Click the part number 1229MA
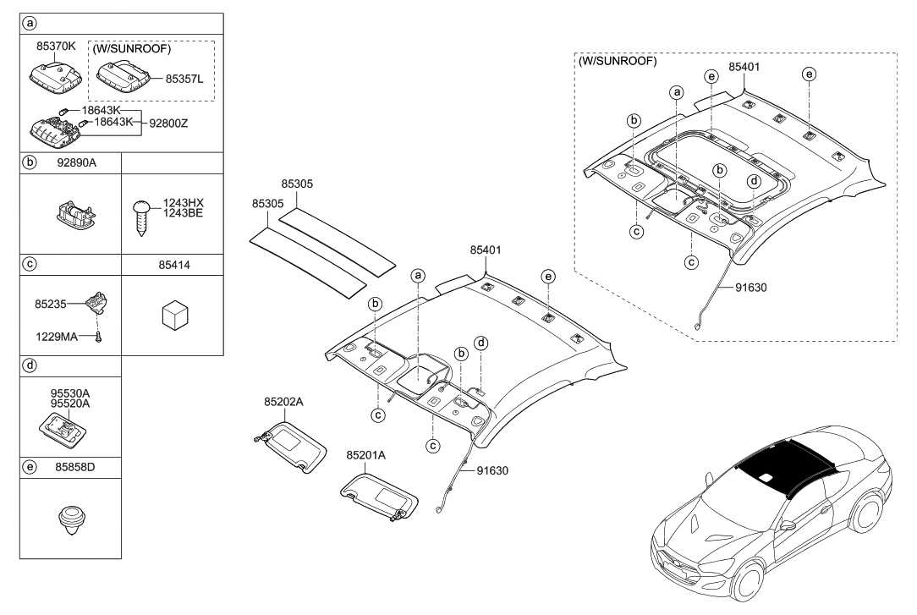coord(57,337)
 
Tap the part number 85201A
coord(365,455)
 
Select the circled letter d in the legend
coord(30,366)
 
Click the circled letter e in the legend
coord(30,466)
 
